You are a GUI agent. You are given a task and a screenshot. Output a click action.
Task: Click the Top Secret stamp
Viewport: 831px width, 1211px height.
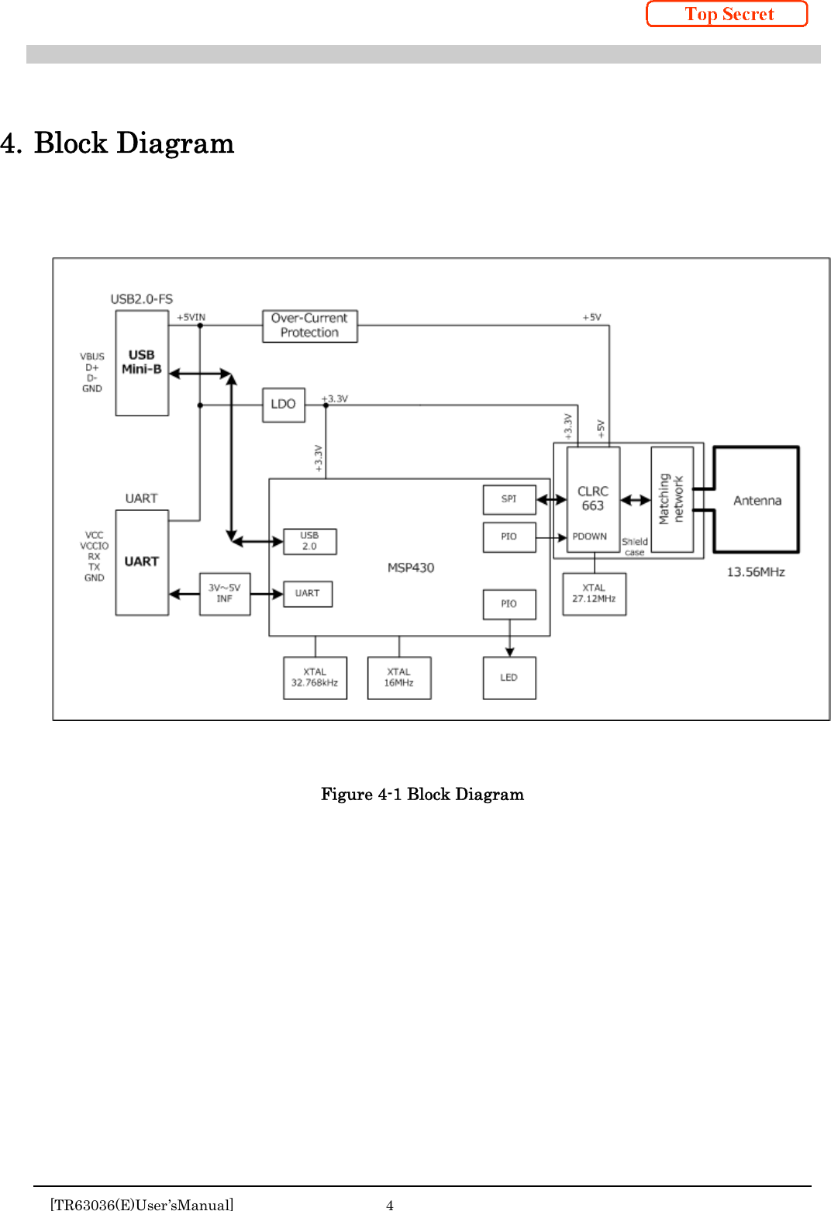(x=727, y=14)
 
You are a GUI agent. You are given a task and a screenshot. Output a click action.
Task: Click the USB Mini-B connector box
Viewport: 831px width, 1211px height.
(x=142, y=363)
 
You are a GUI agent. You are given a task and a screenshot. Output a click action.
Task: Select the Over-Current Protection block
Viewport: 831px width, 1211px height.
(x=309, y=326)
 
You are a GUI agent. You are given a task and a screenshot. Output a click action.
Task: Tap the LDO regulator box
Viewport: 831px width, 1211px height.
(x=283, y=405)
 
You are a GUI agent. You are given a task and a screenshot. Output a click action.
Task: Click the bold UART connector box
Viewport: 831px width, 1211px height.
(x=142, y=562)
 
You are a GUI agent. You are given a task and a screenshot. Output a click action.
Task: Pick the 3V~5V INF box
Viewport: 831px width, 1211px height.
(x=225, y=594)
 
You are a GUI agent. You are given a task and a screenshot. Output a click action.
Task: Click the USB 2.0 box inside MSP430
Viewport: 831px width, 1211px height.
(x=309, y=541)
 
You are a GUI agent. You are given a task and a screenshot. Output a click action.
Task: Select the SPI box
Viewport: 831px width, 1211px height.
(x=509, y=499)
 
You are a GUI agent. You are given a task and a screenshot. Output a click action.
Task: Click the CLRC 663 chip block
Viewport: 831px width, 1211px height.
(x=593, y=499)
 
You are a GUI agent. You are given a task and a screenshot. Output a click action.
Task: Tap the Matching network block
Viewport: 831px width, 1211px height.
(x=671, y=499)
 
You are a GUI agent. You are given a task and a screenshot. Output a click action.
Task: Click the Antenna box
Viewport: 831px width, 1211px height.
(x=757, y=500)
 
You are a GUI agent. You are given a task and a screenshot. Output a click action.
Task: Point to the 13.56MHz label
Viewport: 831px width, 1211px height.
(x=755, y=572)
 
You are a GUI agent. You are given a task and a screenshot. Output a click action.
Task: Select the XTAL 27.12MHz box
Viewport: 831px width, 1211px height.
(x=594, y=594)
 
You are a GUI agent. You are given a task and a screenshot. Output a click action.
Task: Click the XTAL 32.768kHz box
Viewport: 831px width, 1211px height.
(x=315, y=678)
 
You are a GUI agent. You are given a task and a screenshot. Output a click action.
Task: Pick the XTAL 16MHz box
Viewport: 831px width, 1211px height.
(x=398, y=678)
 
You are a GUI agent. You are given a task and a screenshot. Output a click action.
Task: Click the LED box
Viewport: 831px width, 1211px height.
(x=509, y=678)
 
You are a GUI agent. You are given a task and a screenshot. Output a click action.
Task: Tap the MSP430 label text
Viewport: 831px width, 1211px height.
(x=411, y=568)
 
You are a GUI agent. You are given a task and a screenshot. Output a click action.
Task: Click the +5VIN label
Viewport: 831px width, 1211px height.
(x=191, y=317)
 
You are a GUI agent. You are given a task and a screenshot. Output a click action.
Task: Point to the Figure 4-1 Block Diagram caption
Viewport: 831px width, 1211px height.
(x=422, y=794)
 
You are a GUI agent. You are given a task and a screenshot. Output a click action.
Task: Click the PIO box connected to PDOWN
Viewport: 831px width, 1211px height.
(x=509, y=536)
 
